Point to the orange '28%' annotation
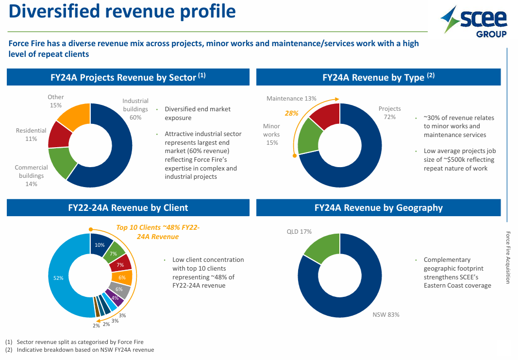(291, 113)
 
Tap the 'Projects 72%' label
(389, 113)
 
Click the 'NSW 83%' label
(386, 314)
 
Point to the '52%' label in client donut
(59, 278)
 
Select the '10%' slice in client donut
(100, 244)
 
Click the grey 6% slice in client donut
(120, 290)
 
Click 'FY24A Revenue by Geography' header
(378, 208)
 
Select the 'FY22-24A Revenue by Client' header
(128, 208)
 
